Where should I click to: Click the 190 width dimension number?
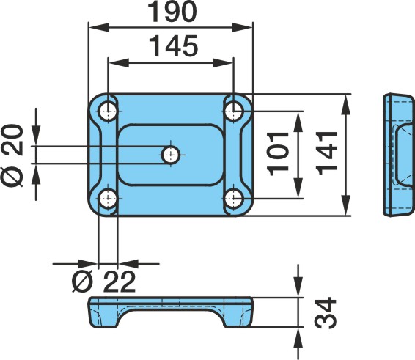click(172, 12)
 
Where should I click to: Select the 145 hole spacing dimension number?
click(173, 46)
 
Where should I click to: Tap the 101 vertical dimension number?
click(278, 154)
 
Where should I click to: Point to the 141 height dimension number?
click(327, 153)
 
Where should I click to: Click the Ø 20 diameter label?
click(12, 155)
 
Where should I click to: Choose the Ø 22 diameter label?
click(104, 282)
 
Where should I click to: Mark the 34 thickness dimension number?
click(325, 313)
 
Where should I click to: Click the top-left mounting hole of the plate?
click(108, 111)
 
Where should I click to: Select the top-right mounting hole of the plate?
click(234, 111)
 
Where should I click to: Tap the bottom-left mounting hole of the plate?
click(108, 198)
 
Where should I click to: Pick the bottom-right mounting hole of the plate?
click(234, 198)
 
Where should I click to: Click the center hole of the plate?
click(171, 155)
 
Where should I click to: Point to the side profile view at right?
click(399, 155)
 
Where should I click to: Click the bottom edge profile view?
click(171, 312)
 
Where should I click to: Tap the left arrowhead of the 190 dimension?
click(99, 27)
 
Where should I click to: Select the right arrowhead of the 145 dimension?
click(223, 63)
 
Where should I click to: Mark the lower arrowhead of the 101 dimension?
click(298, 188)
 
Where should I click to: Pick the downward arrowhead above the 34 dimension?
click(298, 287)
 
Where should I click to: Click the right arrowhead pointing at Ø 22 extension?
click(128, 264)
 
